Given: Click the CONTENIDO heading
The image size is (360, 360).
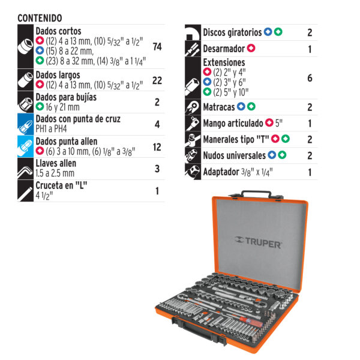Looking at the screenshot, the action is coord(40,18).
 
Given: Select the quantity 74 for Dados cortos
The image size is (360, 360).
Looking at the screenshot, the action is coord(157,47).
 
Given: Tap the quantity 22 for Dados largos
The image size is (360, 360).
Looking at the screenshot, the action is coord(157,80).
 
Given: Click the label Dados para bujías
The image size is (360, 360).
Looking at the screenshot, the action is coord(66,97).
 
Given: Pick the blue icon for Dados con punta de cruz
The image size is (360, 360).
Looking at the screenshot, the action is coord(25,124).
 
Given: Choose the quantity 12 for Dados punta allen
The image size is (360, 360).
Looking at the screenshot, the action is coord(157,147).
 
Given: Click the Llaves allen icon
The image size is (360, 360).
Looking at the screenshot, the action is coord(25,169).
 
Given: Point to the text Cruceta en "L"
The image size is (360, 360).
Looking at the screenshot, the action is coord(61,185).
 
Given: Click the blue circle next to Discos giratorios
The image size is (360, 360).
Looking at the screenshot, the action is coord(268,32).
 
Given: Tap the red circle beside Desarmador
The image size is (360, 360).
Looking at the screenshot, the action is coord(251,48).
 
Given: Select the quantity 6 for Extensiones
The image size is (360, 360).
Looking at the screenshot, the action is coord(310,78).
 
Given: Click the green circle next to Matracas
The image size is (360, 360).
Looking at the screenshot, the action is coord(251,106).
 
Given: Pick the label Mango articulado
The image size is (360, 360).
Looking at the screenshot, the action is coord(233,123).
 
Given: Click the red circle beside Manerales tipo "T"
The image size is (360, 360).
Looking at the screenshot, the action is coord(275,139).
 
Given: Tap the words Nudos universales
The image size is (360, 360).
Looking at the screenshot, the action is coord(235,155).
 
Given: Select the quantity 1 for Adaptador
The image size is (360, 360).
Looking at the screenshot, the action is coord(310,172).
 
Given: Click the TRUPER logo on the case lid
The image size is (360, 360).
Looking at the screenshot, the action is coord(258,242).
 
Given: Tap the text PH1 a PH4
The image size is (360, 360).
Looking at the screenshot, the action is coord(51,129).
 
